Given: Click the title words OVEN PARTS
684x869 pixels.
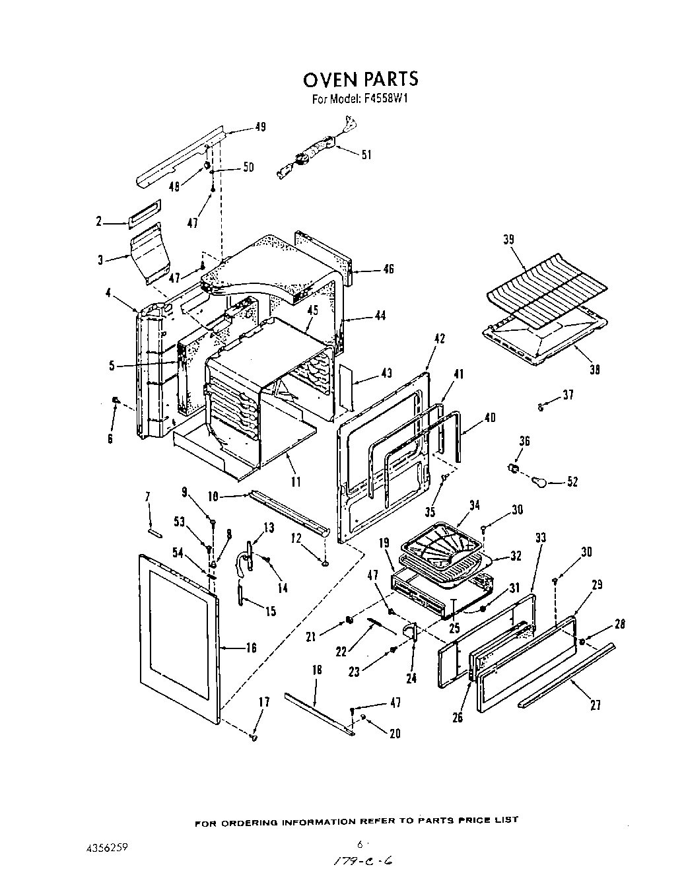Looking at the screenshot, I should click(x=360, y=79).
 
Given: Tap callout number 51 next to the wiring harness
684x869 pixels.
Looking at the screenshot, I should click(x=366, y=155).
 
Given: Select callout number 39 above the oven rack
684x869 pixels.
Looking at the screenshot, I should click(x=509, y=239).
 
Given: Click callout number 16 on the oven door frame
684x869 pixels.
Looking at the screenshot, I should click(x=250, y=648).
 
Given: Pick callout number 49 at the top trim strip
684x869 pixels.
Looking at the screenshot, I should click(x=260, y=127).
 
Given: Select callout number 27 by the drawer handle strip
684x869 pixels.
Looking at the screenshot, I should click(x=595, y=706).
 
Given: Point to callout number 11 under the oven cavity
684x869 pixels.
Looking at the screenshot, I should click(x=295, y=483).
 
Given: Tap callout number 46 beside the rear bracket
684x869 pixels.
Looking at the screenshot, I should click(x=388, y=269).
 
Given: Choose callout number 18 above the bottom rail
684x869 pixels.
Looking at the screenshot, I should click(x=316, y=670).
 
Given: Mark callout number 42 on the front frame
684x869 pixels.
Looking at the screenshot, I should click(x=439, y=339).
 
